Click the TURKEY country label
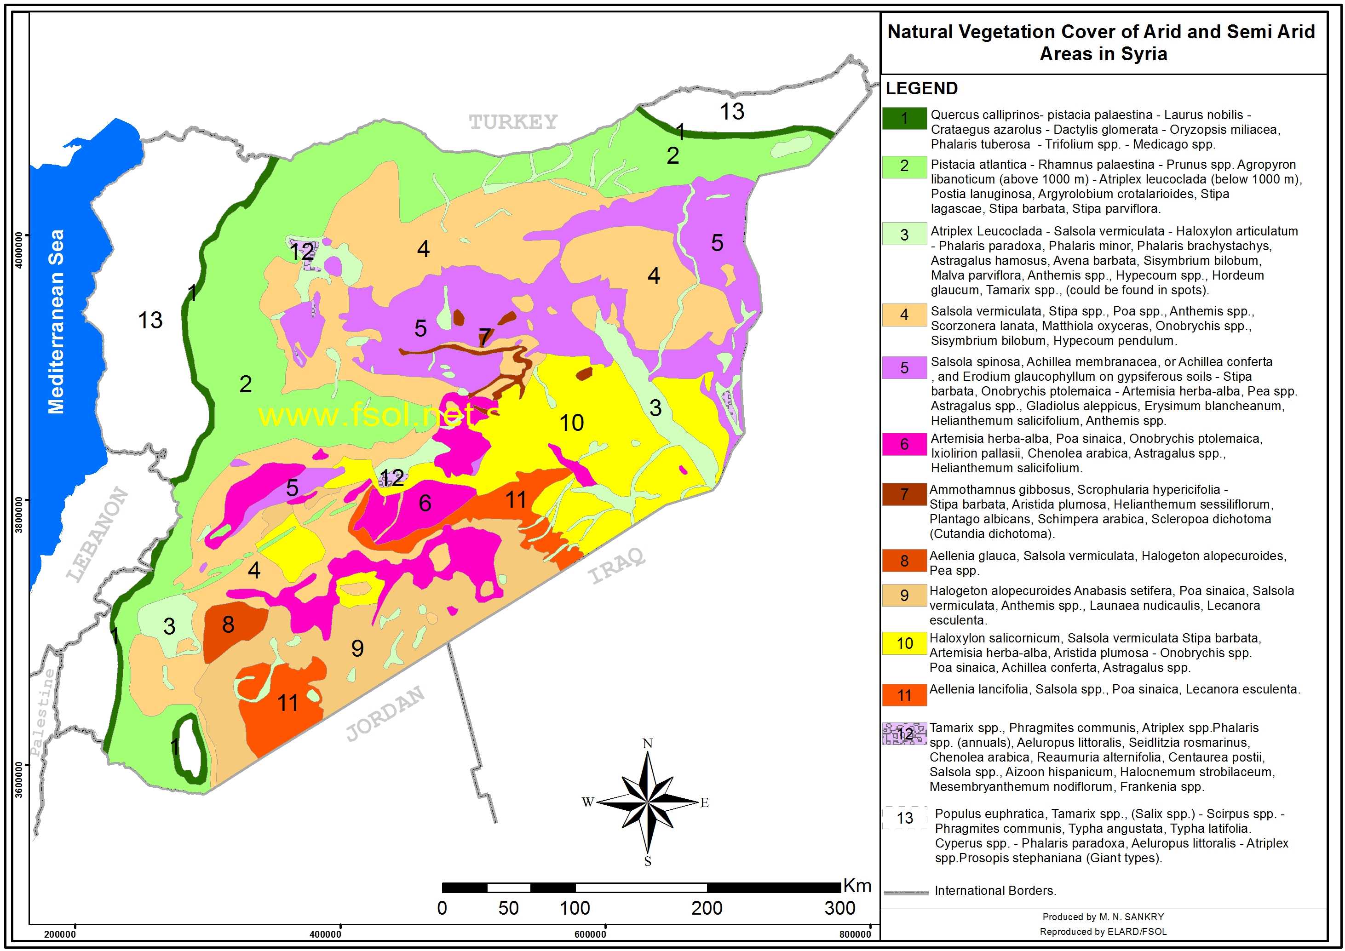(x=513, y=122)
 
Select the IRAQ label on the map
(x=616, y=566)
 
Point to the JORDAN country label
(x=385, y=713)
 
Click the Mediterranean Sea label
(x=56, y=321)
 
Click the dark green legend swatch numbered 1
(x=904, y=118)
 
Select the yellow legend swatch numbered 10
(x=904, y=643)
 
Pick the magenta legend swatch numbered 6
(x=904, y=445)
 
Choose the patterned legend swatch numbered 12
(x=904, y=734)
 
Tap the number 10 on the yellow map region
(x=571, y=423)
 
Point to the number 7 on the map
(x=484, y=337)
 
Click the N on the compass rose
(x=647, y=744)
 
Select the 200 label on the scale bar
(x=707, y=908)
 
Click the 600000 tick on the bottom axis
(x=590, y=934)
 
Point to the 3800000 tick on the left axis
(x=19, y=516)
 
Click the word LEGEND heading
(x=921, y=88)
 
